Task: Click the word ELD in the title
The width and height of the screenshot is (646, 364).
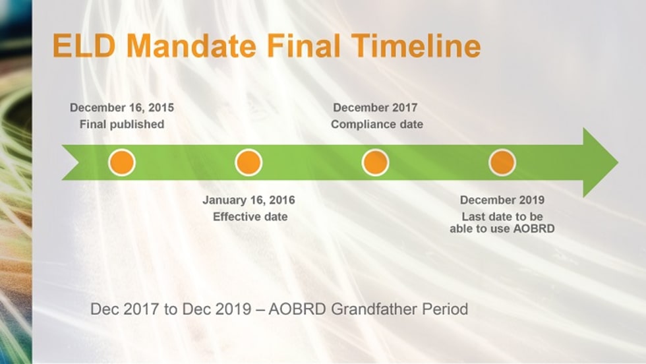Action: click(x=84, y=45)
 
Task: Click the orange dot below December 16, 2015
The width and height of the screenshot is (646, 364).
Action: click(x=122, y=162)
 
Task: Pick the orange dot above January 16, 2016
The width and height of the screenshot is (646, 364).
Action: click(x=249, y=162)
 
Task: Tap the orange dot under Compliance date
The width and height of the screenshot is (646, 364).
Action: click(x=375, y=162)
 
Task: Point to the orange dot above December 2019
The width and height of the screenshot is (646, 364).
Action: click(x=502, y=162)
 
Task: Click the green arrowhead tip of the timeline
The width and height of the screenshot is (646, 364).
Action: click(x=618, y=162)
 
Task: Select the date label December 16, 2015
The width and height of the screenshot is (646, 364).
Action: click(x=122, y=107)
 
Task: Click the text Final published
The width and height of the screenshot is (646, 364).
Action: click(x=122, y=124)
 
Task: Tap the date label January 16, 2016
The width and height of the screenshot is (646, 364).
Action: click(x=249, y=200)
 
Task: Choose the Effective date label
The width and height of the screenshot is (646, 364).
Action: click(x=250, y=217)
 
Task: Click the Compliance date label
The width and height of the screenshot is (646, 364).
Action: click(x=377, y=124)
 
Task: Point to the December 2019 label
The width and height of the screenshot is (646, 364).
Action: click(x=502, y=200)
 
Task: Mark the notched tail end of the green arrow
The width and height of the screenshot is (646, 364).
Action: click(x=78, y=162)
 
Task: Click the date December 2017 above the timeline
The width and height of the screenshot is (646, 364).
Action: click(x=375, y=107)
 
